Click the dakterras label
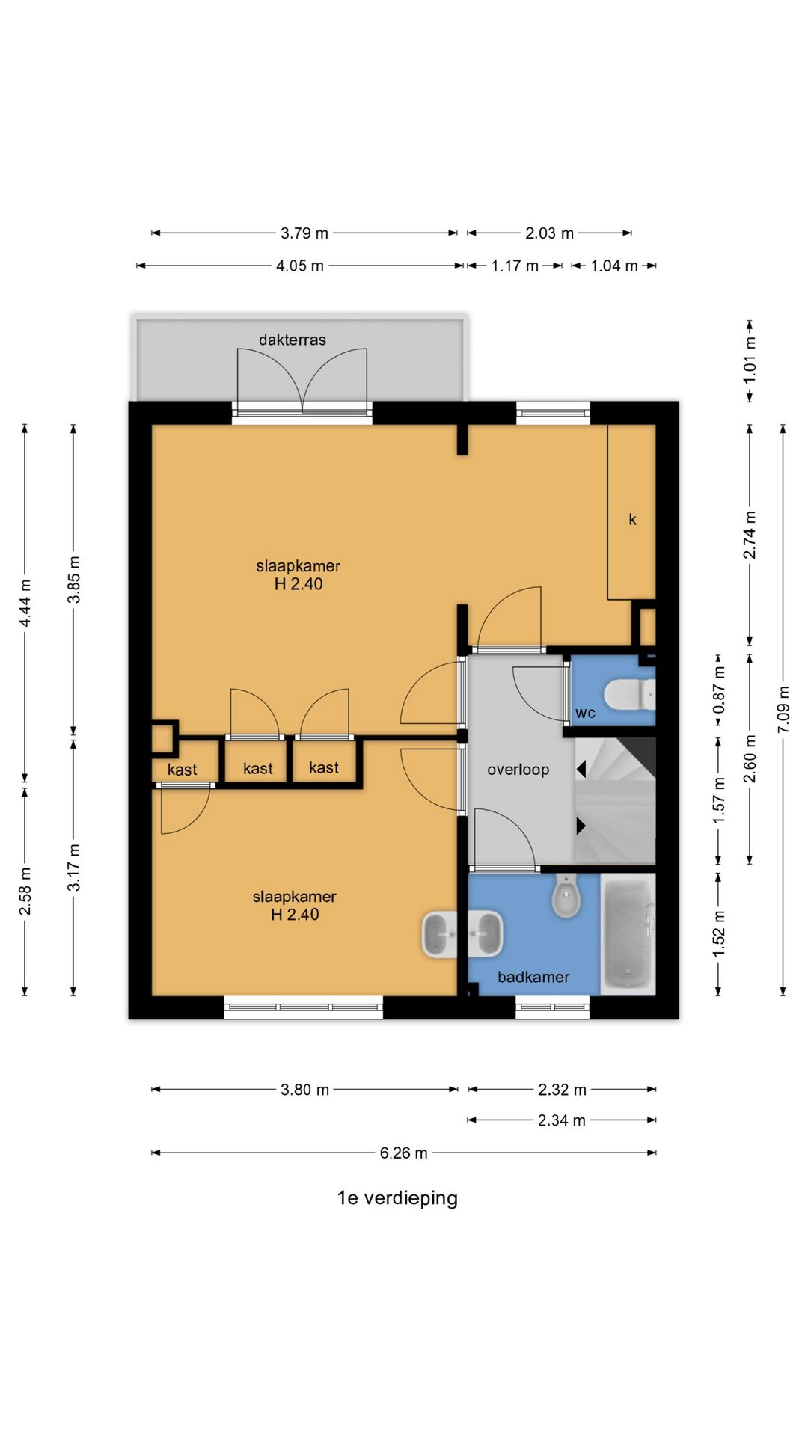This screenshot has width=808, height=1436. click(293, 340)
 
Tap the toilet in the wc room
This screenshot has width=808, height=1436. click(629, 694)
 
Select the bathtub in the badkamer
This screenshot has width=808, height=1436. click(628, 934)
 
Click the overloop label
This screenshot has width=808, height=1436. click(518, 770)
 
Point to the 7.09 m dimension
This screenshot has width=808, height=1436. click(783, 709)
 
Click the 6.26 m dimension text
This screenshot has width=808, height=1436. click(403, 1153)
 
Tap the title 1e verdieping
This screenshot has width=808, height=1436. click(397, 1198)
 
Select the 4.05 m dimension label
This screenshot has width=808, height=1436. click(300, 266)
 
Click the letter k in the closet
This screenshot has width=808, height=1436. click(632, 519)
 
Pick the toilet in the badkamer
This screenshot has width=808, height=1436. click(566, 896)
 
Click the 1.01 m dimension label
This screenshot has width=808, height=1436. click(750, 360)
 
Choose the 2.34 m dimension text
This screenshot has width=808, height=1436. click(562, 1120)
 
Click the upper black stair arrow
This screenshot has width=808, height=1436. click(581, 769)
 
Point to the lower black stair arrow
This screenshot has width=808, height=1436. click(581, 826)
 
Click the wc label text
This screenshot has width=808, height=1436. click(585, 714)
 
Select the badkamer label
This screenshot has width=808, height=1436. click(533, 977)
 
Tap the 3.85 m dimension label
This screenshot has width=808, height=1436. click(73, 579)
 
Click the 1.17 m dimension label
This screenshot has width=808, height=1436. click(515, 266)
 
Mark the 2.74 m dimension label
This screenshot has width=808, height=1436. click(750, 535)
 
